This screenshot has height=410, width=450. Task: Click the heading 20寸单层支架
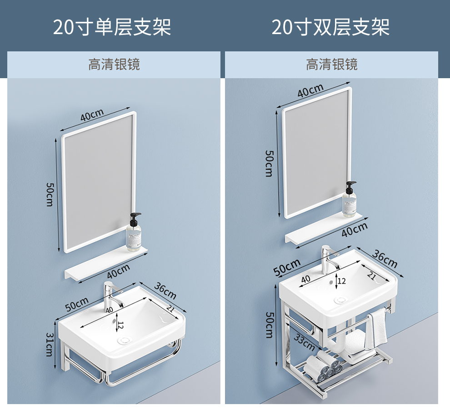[x=112, y=27]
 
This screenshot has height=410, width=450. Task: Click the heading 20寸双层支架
[x=330, y=27]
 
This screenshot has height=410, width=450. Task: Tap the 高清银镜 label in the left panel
[x=114, y=65]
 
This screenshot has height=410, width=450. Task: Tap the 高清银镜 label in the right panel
[x=331, y=65]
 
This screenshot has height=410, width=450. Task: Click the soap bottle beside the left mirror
[x=134, y=234]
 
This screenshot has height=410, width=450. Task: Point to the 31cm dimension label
[x=50, y=344]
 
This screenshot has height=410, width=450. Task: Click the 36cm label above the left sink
[x=165, y=290]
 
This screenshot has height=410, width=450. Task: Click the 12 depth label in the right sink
[x=341, y=281]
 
